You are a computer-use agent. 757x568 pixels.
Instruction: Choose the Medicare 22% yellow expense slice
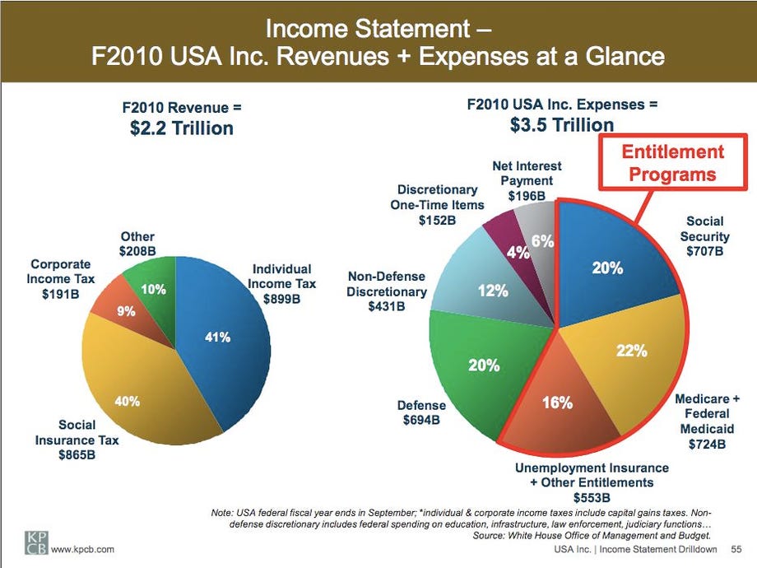tap(634, 354)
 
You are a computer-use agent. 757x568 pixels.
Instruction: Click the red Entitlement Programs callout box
tap(672, 163)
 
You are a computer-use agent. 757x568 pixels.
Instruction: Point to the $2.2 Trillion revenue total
tap(182, 128)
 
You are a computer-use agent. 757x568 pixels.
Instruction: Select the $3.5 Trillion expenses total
tap(561, 124)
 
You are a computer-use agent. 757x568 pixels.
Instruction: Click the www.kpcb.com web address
tap(82, 548)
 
